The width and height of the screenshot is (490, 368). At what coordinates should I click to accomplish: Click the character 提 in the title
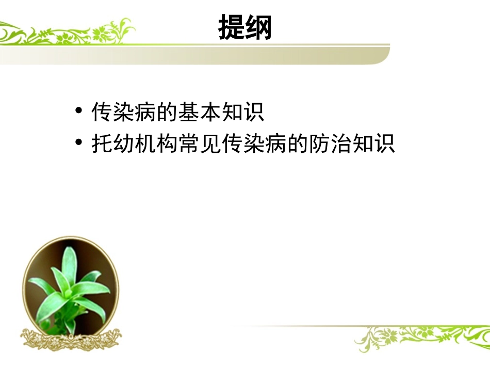[x=231, y=27]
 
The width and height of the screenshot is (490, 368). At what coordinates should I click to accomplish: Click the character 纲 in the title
[x=258, y=27]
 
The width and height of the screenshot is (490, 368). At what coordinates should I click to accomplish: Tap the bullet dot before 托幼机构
[x=78, y=143]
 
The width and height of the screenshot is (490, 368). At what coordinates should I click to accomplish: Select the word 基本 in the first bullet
[x=200, y=112]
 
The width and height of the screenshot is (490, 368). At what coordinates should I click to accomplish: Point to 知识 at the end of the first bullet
[x=243, y=112]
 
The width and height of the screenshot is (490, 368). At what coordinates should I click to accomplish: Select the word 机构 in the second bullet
[x=156, y=143]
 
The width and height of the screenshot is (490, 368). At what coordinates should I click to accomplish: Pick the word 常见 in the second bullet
[x=200, y=143]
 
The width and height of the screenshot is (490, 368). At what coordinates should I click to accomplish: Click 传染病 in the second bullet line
[x=254, y=143]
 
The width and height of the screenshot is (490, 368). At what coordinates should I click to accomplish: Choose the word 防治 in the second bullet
[x=330, y=143]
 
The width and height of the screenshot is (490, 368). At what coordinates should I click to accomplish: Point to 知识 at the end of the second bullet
[x=373, y=143]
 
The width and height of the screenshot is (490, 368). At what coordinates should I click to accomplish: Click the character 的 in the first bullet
[x=167, y=112]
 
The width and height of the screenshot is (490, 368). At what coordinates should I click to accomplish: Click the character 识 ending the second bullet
[x=384, y=143]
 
